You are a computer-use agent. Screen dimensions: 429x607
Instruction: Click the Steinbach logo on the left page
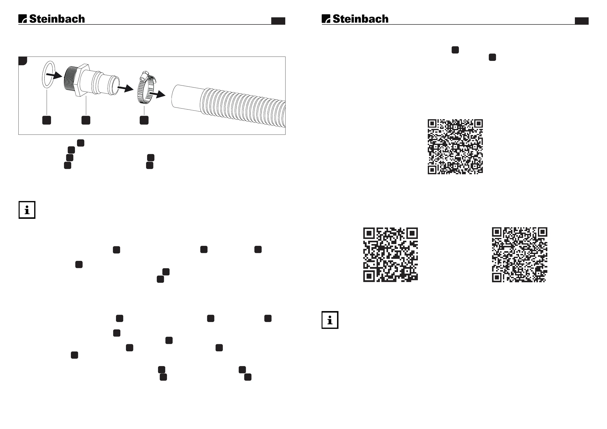(x=51, y=19)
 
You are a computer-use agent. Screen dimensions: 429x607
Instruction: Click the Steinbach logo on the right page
(x=355, y=19)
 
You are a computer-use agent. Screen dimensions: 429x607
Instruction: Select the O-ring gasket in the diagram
(x=48, y=74)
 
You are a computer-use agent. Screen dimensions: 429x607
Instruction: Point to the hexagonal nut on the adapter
(x=82, y=80)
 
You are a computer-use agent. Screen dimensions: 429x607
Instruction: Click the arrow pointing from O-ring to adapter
(x=54, y=76)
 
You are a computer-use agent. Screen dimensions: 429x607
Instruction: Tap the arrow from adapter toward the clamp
(x=125, y=88)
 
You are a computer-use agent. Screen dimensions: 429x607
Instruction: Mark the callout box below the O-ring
(x=47, y=120)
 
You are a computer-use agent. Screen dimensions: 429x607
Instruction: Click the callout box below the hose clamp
(x=144, y=120)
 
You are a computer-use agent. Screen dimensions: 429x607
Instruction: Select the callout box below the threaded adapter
(x=86, y=120)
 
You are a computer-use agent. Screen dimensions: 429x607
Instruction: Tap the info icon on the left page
(x=27, y=210)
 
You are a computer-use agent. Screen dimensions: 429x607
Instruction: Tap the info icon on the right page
(x=330, y=320)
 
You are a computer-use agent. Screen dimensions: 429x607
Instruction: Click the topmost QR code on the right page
(x=455, y=147)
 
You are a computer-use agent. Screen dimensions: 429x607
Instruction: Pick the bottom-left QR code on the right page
(x=391, y=255)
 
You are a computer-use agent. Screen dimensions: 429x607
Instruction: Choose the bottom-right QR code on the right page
(x=520, y=255)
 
